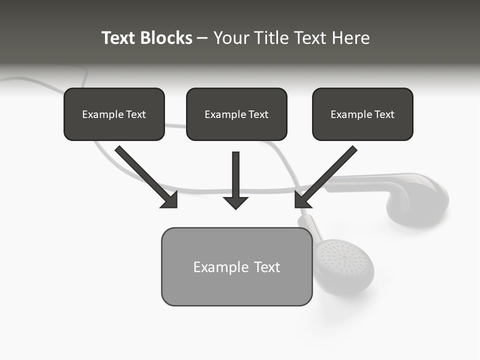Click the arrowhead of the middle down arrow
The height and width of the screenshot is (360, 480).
click(x=236, y=202)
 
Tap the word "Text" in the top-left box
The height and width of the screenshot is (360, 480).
click(x=136, y=114)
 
